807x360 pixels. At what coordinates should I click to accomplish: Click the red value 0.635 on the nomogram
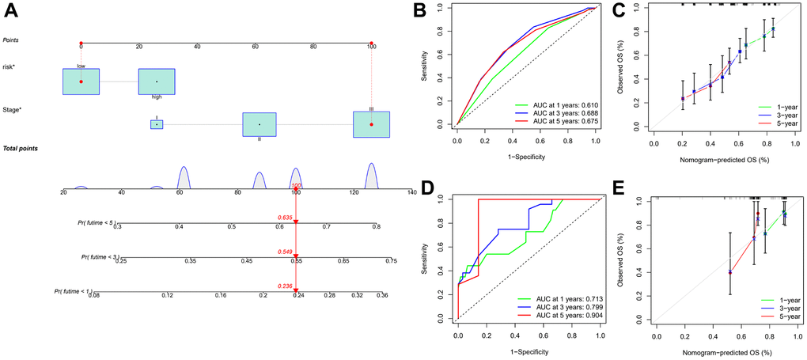pos(286,217)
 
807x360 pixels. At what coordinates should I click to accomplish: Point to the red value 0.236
pos(286,287)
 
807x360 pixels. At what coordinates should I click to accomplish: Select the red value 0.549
pos(286,252)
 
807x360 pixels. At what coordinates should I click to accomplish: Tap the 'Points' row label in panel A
pos(11,40)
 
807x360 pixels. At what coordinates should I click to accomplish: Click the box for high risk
pos(157,81)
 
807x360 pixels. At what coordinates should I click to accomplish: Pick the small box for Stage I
pos(157,124)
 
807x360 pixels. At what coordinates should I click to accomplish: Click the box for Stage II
pos(259,124)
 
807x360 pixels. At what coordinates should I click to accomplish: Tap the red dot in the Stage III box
pos(371,124)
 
